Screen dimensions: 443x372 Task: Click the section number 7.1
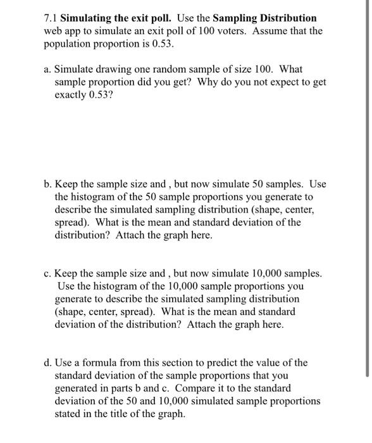click(51, 18)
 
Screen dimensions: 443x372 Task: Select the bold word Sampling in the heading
click(239, 18)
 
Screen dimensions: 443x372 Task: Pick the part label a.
click(48, 69)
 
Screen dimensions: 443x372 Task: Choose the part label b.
click(48, 184)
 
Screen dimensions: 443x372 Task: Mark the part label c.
click(48, 273)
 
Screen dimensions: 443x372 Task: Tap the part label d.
click(48, 363)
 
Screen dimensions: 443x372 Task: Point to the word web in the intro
click(53, 30)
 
